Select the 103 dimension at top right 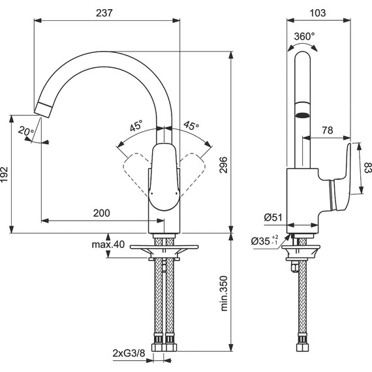coord(318,12)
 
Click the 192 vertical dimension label coord(6,174)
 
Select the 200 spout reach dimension coord(101,213)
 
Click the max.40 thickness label coord(108,245)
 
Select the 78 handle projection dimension coord(328,131)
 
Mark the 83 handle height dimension coord(367,170)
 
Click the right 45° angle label coord(191,125)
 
